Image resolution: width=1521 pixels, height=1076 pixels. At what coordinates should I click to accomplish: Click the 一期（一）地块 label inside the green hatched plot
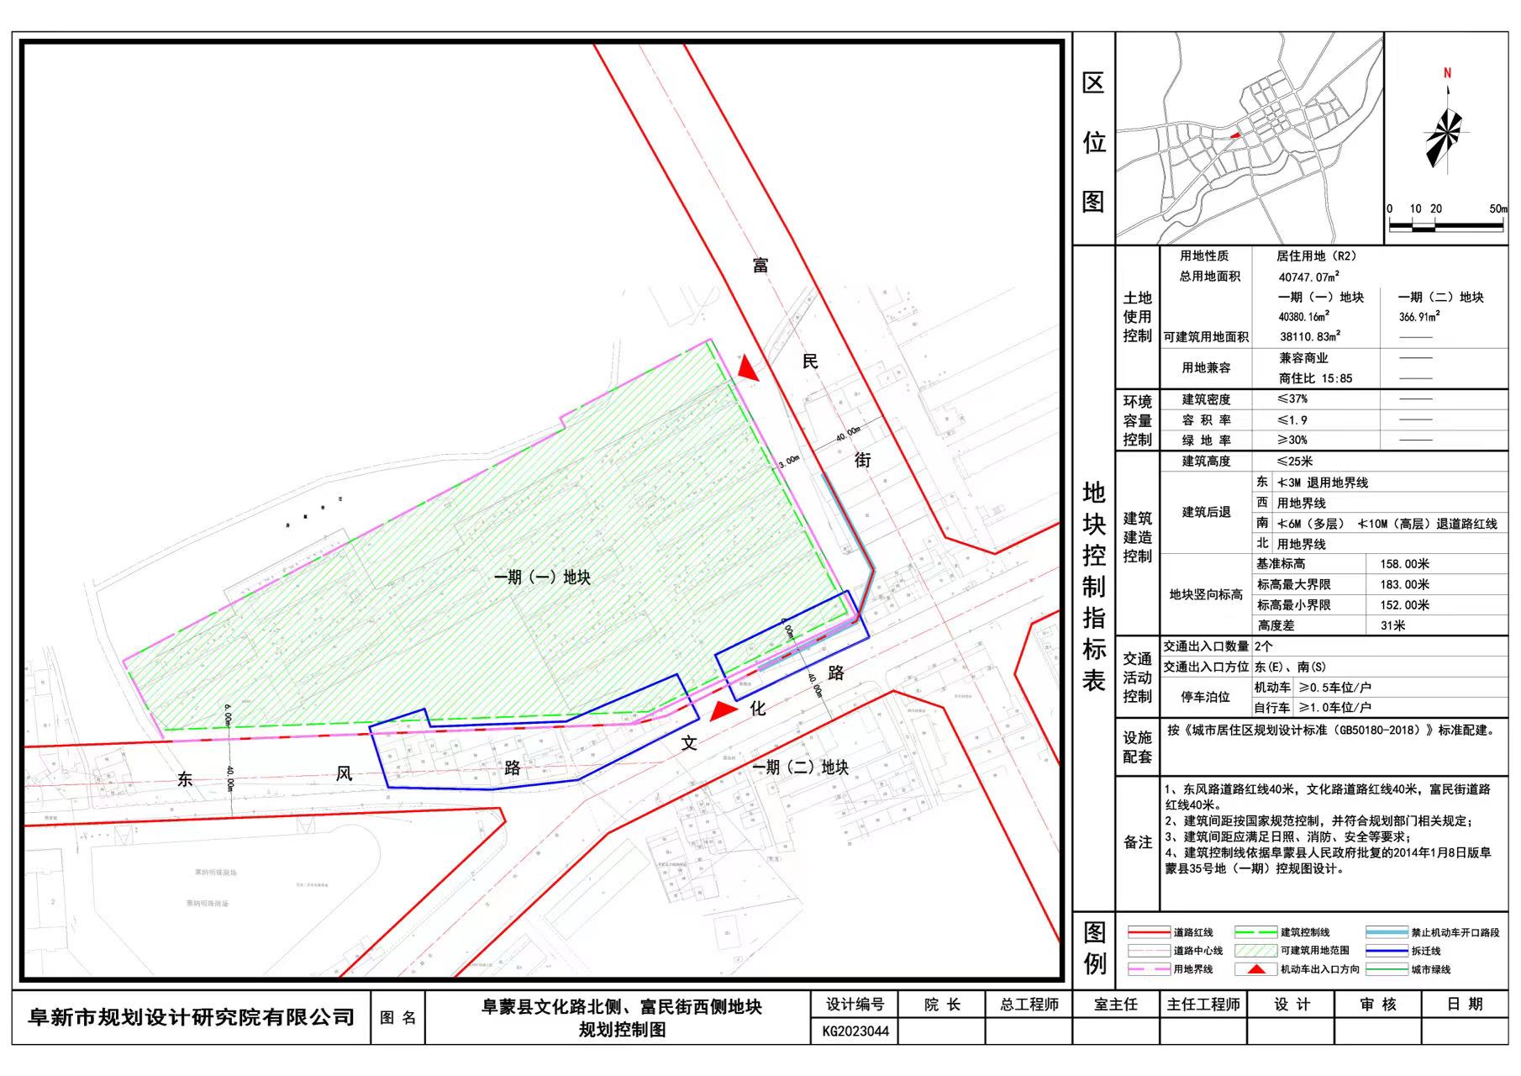click(542, 578)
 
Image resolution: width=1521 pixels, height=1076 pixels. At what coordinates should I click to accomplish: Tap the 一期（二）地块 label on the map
click(800, 767)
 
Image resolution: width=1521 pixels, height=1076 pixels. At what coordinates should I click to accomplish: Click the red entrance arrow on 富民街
click(747, 369)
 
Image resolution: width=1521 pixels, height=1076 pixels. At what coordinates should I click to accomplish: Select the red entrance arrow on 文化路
click(723, 711)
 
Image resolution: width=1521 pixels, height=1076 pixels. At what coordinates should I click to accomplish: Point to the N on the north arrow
click(1447, 74)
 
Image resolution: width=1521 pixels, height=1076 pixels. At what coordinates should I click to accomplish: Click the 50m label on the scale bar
click(1498, 208)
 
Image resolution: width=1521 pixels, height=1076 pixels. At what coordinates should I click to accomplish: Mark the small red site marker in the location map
click(1234, 134)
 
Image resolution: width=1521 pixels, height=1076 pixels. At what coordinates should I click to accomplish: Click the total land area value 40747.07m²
click(1308, 277)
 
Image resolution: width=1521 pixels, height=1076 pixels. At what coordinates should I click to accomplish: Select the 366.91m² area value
click(1419, 317)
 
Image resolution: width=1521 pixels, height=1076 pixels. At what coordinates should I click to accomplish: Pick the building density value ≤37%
click(1292, 399)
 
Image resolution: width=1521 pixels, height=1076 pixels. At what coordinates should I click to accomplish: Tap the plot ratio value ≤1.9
click(1292, 419)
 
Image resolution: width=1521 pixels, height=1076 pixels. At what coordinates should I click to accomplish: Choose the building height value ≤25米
click(1294, 462)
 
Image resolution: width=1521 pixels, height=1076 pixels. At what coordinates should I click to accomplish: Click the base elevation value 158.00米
click(1404, 564)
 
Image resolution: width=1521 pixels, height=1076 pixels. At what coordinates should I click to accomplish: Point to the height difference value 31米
click(1392, 625)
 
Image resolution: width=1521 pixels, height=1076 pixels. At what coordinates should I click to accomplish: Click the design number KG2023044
click(855, 1031)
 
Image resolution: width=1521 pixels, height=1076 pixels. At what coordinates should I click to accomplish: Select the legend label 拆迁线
click(1425, 951)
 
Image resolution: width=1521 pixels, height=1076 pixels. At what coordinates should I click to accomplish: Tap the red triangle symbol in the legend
click(1255, 969)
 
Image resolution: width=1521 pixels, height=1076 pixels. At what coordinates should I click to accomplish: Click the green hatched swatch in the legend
click(1255, 951)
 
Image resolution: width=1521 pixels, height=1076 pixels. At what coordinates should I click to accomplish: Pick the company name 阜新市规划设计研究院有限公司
click(192, 1018)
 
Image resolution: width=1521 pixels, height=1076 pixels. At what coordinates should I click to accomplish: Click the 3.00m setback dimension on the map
click(789, 462)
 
